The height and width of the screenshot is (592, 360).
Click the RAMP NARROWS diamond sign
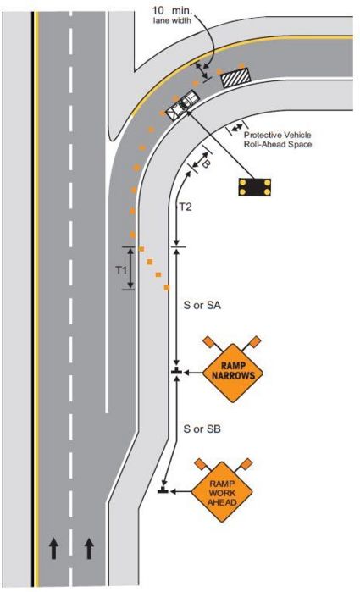tap(233, 373)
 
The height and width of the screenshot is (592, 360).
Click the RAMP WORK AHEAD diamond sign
tap(222, 491)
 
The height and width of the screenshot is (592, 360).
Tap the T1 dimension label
tap(120, 270)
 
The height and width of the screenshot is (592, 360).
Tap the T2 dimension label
tap(186, 207)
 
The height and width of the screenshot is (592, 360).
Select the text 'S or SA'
tap(202, 305)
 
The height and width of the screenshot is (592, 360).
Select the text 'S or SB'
tap(202, 429)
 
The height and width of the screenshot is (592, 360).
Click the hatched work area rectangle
tap(235, 78)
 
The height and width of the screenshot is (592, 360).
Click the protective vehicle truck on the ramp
tap(183, 105)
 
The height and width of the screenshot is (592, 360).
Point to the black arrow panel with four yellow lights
tap(255, 187)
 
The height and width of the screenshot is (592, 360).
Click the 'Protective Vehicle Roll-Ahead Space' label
tap(278, 139)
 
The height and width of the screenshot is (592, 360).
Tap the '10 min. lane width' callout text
tap(172, 15)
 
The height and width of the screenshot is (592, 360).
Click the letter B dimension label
tap(206, 163)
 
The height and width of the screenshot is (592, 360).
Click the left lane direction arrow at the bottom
tap(53, 549)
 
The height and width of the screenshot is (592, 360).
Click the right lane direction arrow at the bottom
tap(89, 549)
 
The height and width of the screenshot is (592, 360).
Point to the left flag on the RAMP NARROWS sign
tap(208, 342)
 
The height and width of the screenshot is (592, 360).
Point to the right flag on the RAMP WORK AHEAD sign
tap(246, 464)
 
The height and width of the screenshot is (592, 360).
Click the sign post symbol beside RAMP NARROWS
tap(176, 372)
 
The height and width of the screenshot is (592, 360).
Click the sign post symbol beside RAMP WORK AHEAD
tap(163, 491)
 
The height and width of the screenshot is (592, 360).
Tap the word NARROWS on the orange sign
tap(233, 376)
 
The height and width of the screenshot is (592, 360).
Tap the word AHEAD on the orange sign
tap(222, 502)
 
